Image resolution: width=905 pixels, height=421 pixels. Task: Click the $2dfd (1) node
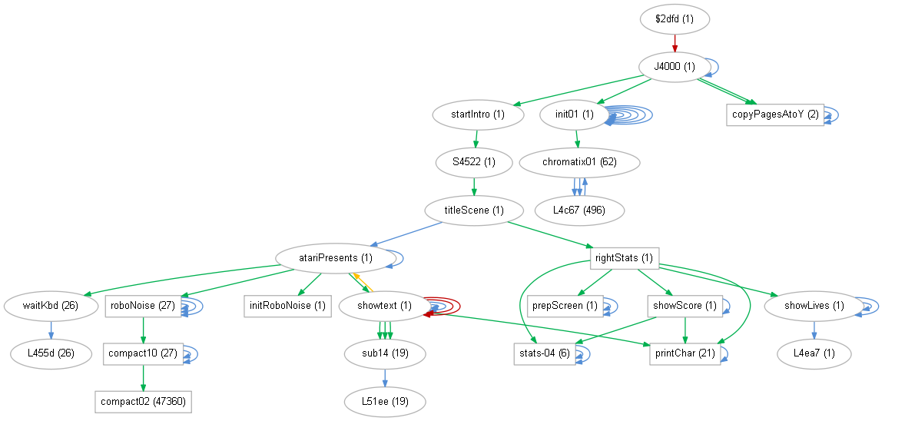tap(674, 19)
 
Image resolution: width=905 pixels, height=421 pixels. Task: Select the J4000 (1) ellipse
tap(674, 67)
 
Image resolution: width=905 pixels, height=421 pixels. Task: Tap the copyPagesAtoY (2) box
tap(774, 114)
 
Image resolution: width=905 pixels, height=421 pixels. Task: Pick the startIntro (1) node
tap(477, 114)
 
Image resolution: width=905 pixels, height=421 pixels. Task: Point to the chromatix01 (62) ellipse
tap(579, 162)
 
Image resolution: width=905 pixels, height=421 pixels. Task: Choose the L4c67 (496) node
tap(578, 210)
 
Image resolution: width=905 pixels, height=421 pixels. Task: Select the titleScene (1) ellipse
tap(473, 210)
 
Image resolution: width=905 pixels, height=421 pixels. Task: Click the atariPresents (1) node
tap(335, 258)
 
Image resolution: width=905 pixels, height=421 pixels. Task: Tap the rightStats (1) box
tap(625, 258)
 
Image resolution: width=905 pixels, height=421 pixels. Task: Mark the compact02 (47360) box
tap(143, 401)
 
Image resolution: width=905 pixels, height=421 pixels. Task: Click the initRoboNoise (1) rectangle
tap(287, 306)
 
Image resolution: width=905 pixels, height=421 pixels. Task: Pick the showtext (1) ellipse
tap(384, 306)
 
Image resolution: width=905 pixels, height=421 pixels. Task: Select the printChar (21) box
tap(685, 353)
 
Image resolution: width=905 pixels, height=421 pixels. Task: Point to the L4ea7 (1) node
tap(814, 353)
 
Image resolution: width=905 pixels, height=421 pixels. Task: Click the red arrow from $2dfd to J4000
tap(674, 43)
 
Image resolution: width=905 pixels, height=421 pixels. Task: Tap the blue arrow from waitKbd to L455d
tap(51, 330)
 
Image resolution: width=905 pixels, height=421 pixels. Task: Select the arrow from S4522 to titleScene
tap(473, 186)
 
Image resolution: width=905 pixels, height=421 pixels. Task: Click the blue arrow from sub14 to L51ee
tap(384, 377)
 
